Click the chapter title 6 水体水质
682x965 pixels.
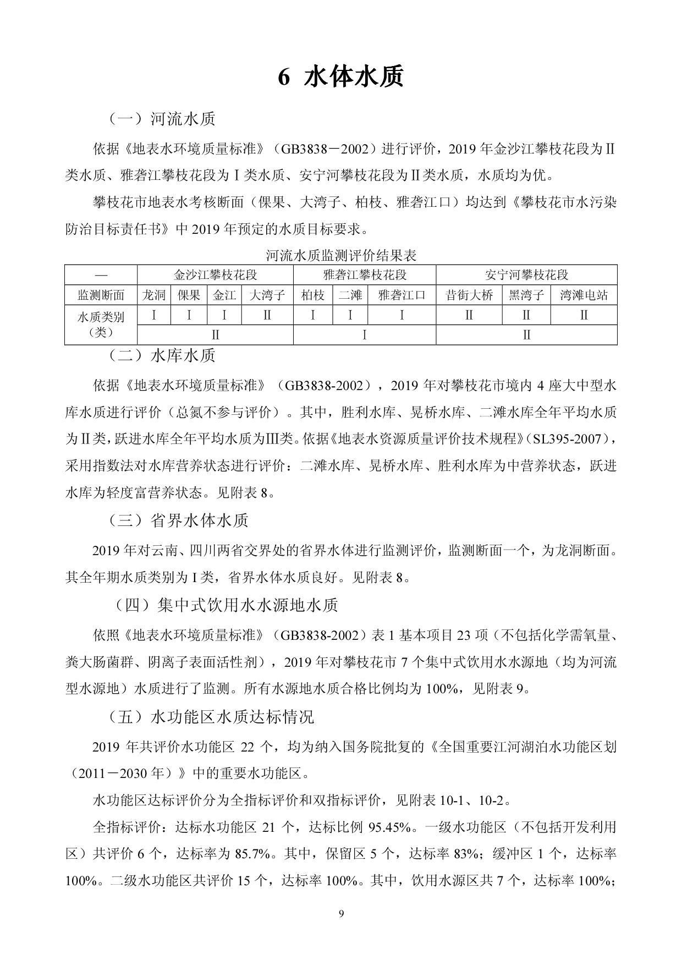coord(340,78)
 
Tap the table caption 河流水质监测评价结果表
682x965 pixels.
coord(341,255)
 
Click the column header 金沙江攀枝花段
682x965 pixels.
coord(215,275)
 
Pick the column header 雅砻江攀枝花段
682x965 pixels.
coord(365,275)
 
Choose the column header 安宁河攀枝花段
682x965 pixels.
coord(526,275)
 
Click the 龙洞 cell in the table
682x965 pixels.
coord(154,295)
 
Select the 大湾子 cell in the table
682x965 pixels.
coord(267,295)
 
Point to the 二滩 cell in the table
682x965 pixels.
coord(350,295)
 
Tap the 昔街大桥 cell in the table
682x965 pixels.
coord(469,295)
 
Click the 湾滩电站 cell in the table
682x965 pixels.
coord(584,295)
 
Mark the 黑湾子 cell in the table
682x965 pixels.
coord(526,295)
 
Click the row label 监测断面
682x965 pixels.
coord(101,295)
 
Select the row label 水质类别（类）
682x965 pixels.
coord(101,325)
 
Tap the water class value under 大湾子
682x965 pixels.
coord(267,315)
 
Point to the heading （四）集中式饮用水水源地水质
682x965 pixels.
coord(226,605)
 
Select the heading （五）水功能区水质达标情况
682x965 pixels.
coord(211,717)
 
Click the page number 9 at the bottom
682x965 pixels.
coord(341,914)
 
